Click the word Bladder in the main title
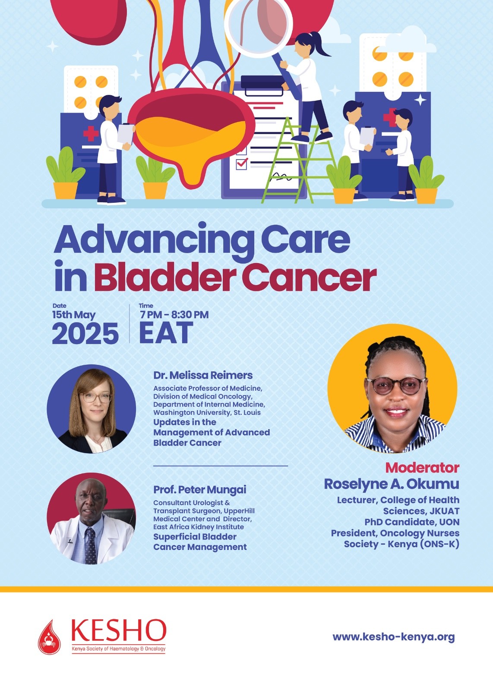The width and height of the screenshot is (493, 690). pos(164,277)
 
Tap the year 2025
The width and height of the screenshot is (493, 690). pos(85,333)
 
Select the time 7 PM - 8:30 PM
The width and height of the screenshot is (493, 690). pos(174,315)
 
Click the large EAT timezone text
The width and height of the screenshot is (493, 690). pos(166,333)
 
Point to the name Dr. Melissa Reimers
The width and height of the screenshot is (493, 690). pos(203,375)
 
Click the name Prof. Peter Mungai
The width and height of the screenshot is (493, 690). pos(200,489)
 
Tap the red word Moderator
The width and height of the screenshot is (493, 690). pos(422,467)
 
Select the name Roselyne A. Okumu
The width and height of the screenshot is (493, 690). pos(391,484)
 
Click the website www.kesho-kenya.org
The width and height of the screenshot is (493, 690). pos(393,637)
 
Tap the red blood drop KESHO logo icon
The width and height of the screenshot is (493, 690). pos(50,637)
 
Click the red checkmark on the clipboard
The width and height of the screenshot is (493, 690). pos(242,163)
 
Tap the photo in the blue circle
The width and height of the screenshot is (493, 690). pos(91,409)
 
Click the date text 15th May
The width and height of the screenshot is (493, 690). pos(74,315)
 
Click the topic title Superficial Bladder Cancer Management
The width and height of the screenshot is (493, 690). pos(200,542)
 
